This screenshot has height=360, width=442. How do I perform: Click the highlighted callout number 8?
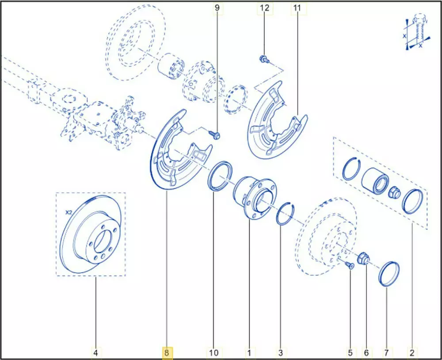pyautogui.click(x=167, y=352)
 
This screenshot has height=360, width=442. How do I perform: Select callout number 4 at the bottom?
pyautogui.click(x=95, y=352)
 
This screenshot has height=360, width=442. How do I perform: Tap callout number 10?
pyautogui.click(x=213, y=352)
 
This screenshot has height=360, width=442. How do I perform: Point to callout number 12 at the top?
pyautogui.click(x=264, y=8)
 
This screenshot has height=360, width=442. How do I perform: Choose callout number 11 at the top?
pyautogui.click(x=297, y=8)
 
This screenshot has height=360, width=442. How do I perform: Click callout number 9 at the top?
pyautogui.click(x=217, y=8)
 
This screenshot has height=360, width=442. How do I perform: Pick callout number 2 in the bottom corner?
pyautogui.click(x=412, y=352)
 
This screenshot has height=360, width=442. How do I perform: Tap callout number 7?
pyautogui.click(x=386, y=352)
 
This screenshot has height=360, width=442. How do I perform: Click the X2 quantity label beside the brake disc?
pyautogui.click(x=69, y=212)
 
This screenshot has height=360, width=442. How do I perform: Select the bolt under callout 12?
pyautogui.click(x=264, y=59)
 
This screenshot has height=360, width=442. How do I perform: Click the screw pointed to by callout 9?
pyautogui.click(x=215, y=134)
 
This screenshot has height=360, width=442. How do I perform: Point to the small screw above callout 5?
pyautogui.click(x=349, y=264)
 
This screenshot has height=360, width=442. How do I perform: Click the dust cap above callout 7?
pyautogui.click(x=389, y=273)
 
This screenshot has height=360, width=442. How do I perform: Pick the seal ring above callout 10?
pyautogui.click(x=220, y=176)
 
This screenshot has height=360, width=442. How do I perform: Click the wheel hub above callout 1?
pyautogui.click(x=255, y=197)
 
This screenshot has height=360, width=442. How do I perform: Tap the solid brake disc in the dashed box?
pyautogui.click(x=91, y=234)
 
